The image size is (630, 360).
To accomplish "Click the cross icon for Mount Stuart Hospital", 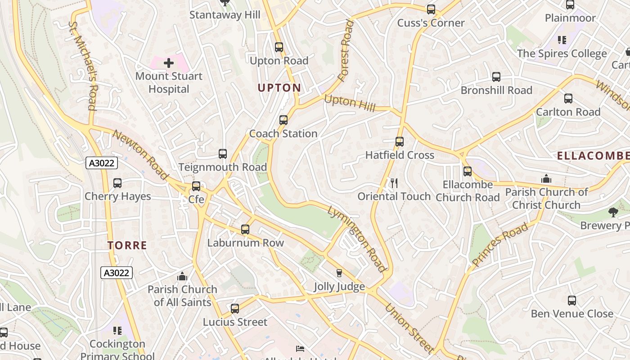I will [x=169, y=63].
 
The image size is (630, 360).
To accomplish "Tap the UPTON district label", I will [x=279, y=88].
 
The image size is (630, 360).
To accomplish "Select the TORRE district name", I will [x=127, y=245].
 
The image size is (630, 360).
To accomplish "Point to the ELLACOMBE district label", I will [x=593, y=156].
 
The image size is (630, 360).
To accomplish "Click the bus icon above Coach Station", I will [x=283, y=120].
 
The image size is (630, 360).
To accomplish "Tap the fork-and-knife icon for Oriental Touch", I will [x=394, y=183].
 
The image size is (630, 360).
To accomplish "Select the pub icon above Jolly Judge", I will [x=339, y=273].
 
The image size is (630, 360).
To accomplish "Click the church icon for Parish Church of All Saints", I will [x=182, y=276].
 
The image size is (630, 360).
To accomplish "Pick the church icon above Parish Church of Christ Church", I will [x=546, y=179].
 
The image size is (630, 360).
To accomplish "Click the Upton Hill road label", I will [x=350, y=103].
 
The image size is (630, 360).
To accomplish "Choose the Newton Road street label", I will [x=140, y=154].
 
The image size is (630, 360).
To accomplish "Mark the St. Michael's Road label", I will [x=83, y=66].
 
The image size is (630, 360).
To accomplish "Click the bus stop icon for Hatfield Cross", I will [x=399, y=142].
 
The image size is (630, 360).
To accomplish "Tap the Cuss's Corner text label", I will [x=431, y=23].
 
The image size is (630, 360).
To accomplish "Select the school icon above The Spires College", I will [x=562, y=40].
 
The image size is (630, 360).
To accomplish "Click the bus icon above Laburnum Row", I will [x=245, y=229].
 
